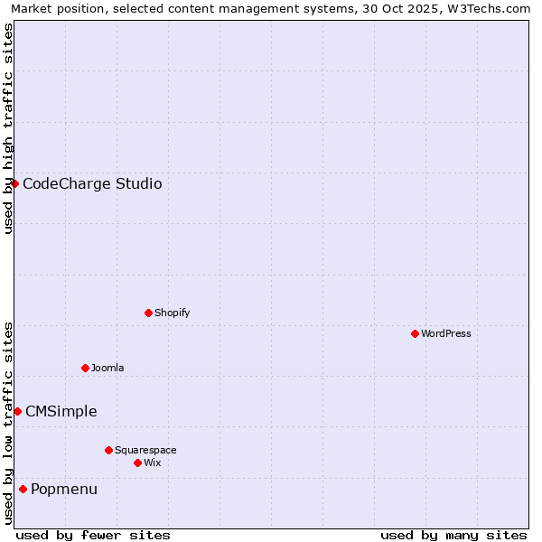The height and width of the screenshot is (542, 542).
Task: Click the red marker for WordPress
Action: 415,333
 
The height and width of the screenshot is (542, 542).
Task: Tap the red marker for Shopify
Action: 148,313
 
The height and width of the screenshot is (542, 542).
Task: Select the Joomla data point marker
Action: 85,368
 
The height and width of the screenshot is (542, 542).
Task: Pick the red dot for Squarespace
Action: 108,450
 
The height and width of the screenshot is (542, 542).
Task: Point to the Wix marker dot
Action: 137,463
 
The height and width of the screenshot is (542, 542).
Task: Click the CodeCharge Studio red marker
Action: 14,183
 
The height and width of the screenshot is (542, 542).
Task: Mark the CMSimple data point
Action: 17,411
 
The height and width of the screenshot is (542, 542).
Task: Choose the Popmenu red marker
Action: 23,489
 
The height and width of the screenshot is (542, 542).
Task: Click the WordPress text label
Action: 446,333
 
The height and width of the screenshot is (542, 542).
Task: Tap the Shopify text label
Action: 173,313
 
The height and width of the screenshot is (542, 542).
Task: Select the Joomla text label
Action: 107,368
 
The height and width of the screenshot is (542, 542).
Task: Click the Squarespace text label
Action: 145,450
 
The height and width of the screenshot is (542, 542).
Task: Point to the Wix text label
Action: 152,463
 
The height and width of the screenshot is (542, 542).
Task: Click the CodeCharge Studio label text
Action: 92,184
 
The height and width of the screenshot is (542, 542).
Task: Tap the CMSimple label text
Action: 61,412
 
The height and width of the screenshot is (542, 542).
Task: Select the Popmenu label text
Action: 64,490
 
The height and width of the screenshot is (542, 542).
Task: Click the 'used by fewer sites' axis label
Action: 93,535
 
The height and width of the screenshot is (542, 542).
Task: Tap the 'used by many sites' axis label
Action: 453,535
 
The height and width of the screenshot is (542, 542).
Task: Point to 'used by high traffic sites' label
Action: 8,128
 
